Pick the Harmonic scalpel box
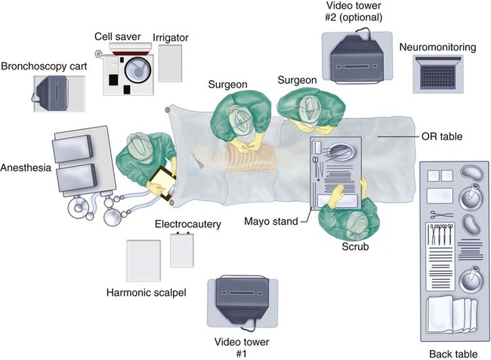(144, 260)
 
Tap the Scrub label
(355, 247)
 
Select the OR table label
(440, 137)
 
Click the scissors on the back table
(442, 215)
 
